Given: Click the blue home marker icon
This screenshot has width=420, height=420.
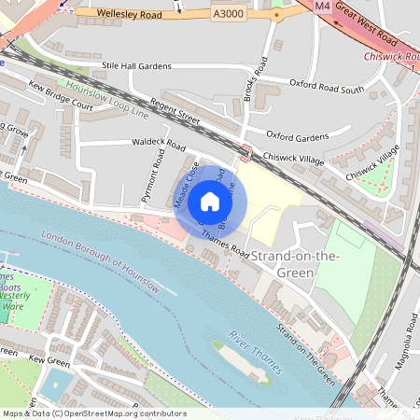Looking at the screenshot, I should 210,201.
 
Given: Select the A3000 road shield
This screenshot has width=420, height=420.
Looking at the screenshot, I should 227,14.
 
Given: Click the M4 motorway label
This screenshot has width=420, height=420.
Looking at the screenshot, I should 322,7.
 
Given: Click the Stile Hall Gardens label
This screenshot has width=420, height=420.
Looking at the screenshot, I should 137,66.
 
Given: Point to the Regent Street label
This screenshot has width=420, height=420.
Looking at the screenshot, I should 175,114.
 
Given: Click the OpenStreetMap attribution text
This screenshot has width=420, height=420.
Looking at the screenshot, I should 93,413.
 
